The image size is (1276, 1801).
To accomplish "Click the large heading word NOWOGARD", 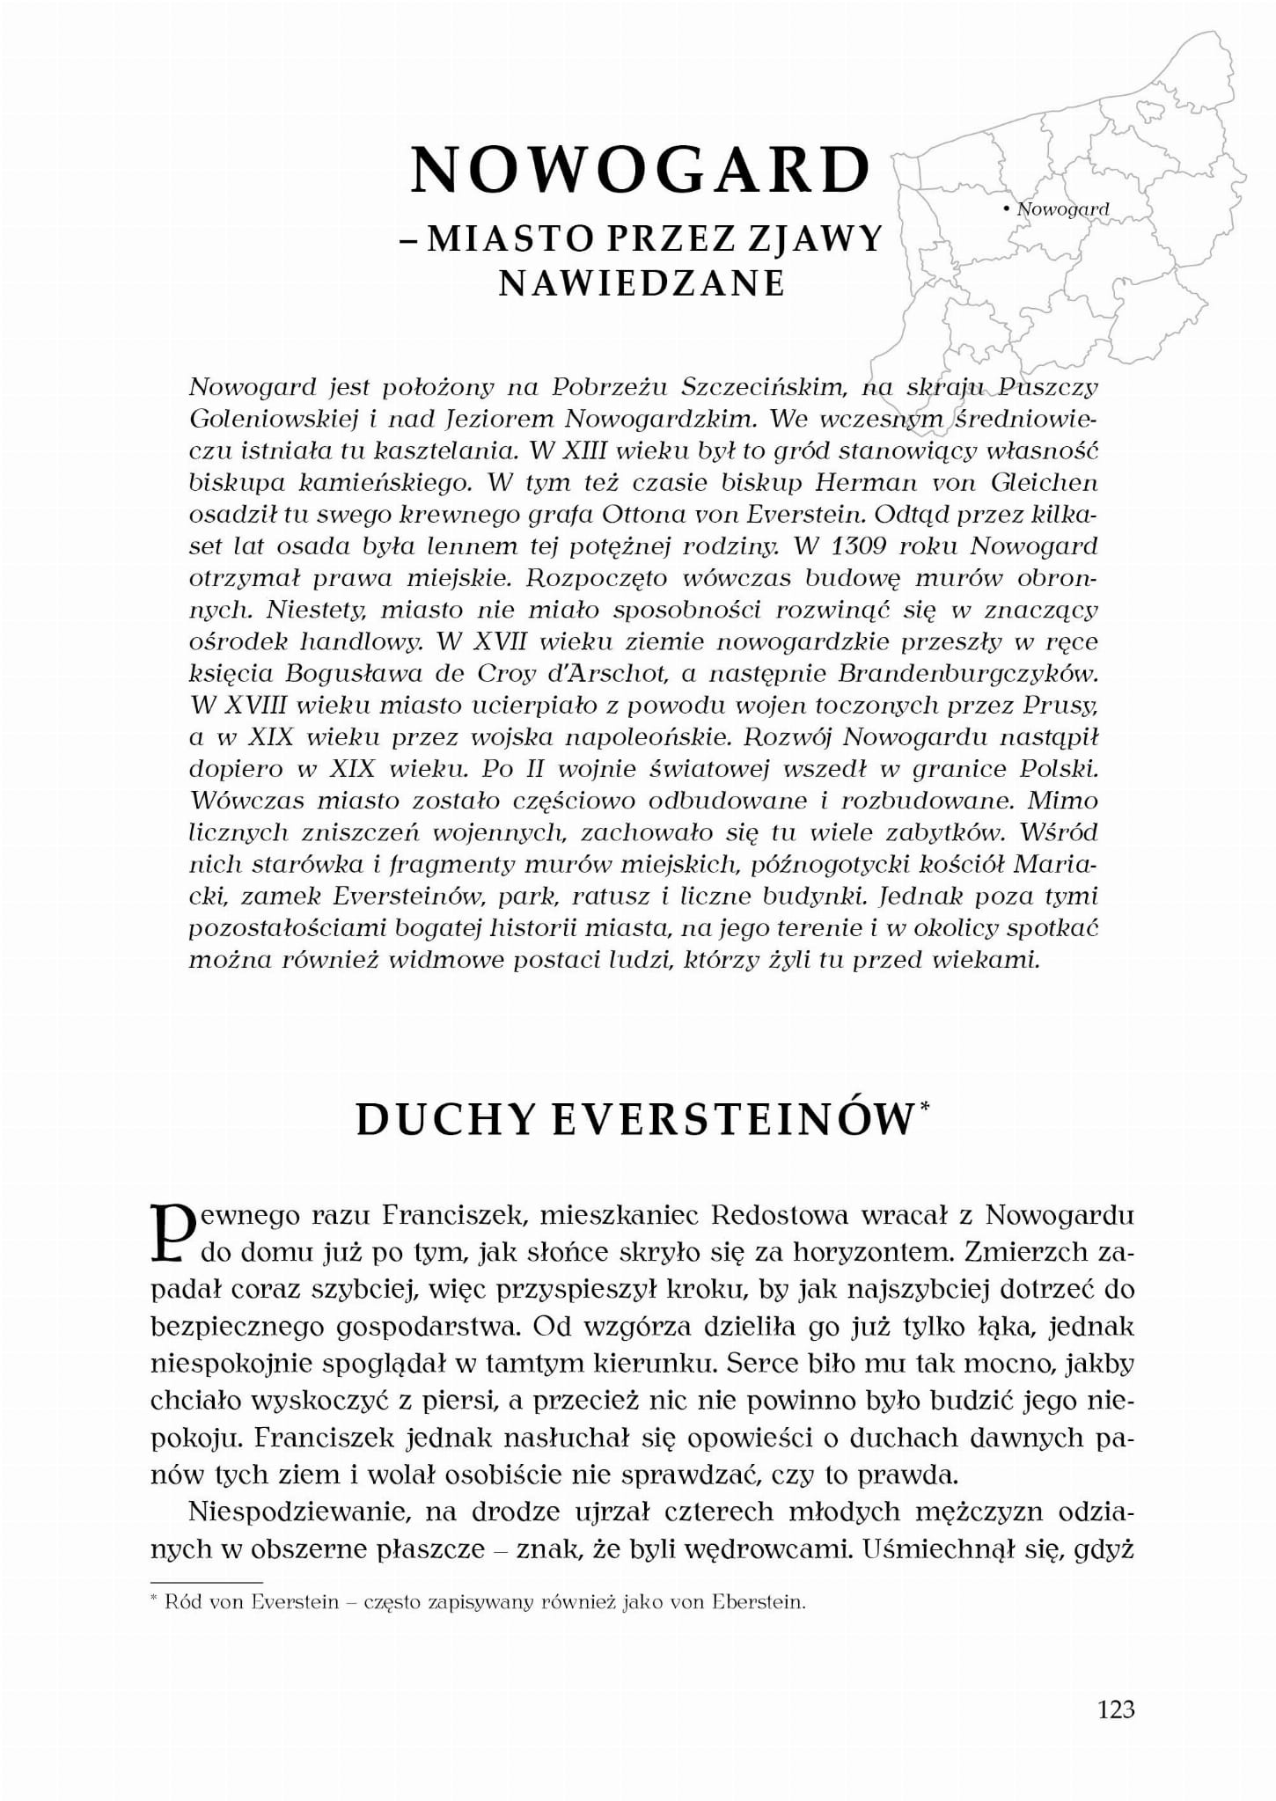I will click(x=640, y=170).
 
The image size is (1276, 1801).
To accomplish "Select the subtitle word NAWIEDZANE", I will click(x=642, y=283).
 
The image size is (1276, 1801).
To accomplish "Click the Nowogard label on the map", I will click(x=1062, y=209).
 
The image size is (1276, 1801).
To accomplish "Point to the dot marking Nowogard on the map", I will click(x=1005, y=209).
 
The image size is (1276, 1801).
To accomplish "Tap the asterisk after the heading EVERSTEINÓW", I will click(x=923, y=1108).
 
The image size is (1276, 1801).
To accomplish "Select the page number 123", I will click(x=1116, y=1709).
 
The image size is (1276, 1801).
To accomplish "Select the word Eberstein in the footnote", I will click(x=760, y=1601).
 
